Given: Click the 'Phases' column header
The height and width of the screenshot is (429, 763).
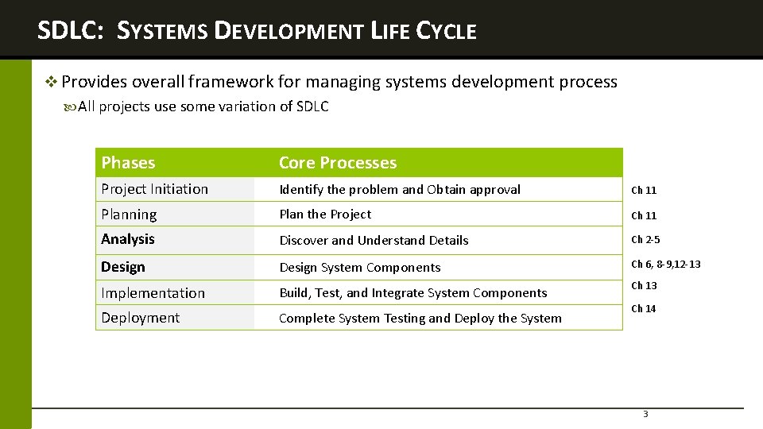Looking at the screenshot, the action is [x=128, y=163].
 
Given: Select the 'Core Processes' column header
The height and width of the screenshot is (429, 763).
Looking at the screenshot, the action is [x=337, y=163].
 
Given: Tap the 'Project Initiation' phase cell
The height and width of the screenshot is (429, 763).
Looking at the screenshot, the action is [x=154, y=189].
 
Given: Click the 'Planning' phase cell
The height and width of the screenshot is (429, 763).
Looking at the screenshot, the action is [x=129, y=214].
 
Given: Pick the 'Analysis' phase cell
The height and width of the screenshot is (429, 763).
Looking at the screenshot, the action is [x=128, y=239].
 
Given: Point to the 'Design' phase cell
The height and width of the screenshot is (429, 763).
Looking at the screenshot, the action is [x=123, y=267].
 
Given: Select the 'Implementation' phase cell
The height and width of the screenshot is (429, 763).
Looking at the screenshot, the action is [x=153, y=293].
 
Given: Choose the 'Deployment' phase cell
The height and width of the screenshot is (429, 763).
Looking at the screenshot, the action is [x=140, y=318].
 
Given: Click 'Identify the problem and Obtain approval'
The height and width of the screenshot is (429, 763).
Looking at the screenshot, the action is [x=400, y=190].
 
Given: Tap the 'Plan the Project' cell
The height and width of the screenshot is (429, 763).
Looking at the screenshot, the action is [x=325, y=214].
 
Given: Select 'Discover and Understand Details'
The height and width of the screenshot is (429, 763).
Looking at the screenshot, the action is [x=374, y=240].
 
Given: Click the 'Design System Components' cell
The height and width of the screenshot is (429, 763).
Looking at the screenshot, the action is [x=359, y=268].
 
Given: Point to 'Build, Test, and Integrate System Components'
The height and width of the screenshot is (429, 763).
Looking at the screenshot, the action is [x=413, y=293].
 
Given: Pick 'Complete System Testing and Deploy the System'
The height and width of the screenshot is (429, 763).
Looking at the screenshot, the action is [x=420, y=319].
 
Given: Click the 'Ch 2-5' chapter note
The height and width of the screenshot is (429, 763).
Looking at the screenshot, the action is [x=645, y=240].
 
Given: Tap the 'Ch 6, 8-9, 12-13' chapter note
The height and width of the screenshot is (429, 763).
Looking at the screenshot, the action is [x=666, y=265].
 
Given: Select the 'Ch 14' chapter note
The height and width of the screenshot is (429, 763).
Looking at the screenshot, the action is [x=644, y=309].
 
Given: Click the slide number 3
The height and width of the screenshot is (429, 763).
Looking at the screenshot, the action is [x=645, y=414].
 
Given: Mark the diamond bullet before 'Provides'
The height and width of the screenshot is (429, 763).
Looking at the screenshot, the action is [x=52, y=82].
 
